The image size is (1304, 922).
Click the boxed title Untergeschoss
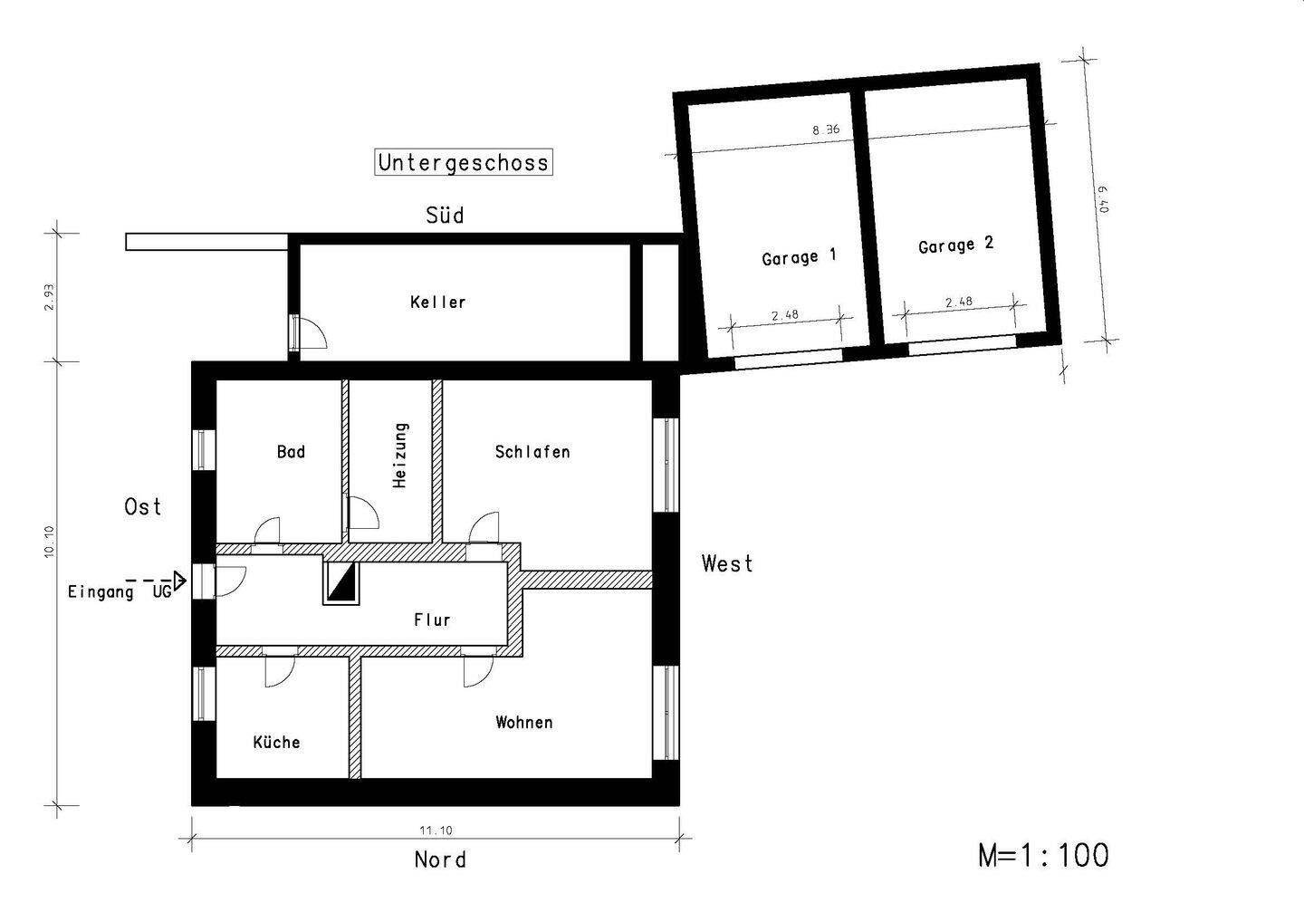(x=463, y=162)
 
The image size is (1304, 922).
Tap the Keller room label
(x=437, y=303)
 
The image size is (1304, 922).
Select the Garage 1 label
(x=799, y=256)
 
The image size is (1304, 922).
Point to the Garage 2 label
(x=956, y=245)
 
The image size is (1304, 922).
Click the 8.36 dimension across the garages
(x=826, y=130)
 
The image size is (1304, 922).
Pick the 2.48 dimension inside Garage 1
(x=785, y=315)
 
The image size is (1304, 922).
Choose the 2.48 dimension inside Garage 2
(x=959, y=302)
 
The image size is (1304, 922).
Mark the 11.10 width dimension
(x=436, y=830)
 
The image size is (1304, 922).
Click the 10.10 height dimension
(x=49, y=542)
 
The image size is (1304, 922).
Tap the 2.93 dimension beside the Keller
(x=49, y=297)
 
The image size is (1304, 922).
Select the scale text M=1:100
(x=1043, y=855)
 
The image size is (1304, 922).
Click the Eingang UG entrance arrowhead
(x=180, y=581)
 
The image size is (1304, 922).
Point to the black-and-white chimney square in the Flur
(x=341, y=583)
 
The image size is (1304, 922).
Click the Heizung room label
(x=400, y=456)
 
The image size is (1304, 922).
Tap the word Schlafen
(x=532, y=452)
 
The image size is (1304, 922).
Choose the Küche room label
(x=276, y=742)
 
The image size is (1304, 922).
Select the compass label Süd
(x=445, y=215)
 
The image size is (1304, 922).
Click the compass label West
(x=727, y=562)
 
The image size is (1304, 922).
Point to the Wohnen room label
(x=524, y=723)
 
